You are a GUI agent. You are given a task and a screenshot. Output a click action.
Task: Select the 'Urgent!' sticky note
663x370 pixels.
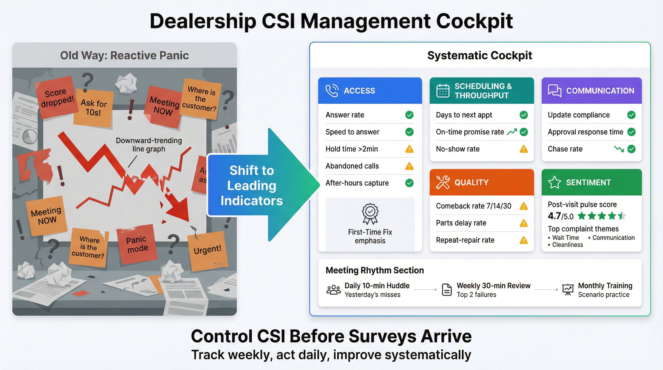click(x=207, y=250)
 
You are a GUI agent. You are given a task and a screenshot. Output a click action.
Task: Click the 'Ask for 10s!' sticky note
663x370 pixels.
click(x=94, y=107)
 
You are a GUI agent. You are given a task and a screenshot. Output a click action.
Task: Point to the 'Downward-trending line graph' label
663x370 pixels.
click(x=149, y=145)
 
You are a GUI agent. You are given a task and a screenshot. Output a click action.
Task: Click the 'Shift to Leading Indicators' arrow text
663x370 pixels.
click(x=252, y=185)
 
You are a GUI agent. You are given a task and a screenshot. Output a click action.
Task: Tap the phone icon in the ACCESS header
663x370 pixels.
click(x=332, y=91)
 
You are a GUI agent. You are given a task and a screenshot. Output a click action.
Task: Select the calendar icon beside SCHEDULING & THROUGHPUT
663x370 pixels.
click(x=443, y=91)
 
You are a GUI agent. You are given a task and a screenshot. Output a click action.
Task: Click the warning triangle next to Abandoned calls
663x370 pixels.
click(x=409, y=166)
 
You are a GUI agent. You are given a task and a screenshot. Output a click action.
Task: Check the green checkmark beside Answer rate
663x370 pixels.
click(x=409, y=115)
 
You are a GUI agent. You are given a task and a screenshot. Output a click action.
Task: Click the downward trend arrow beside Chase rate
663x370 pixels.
click(x=619, y=149)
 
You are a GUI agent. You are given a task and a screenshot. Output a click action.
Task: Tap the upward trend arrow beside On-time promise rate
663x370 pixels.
click(x=512, y=132)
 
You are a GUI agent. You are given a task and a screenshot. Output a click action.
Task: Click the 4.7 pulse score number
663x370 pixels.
click(x=554, y=216)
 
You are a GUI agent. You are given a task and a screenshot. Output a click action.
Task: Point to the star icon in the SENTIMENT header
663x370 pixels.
click(x=554, y=182)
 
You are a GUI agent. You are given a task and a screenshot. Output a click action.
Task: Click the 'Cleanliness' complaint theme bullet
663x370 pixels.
click(x=567, y=245)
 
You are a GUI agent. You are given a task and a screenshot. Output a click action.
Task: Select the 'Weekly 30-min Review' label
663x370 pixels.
click(x=493, y=286)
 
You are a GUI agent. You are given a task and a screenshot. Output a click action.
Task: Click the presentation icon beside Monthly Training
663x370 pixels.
click(x=568, y=290)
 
